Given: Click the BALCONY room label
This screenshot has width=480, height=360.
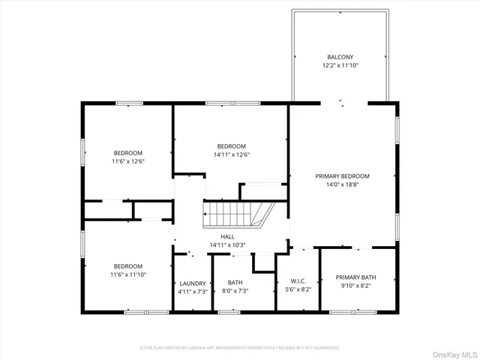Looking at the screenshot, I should coord(340,57).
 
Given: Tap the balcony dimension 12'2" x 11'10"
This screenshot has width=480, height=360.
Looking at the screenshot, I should coord(340,65).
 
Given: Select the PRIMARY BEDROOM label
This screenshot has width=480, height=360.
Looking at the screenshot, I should coord(342,176).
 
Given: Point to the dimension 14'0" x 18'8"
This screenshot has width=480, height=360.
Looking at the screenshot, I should coord(342,184).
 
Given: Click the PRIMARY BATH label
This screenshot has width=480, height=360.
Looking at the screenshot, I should coord(355,277).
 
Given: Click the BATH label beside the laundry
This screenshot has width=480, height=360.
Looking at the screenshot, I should coord(235,283).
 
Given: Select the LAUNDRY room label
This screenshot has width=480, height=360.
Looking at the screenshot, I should coord(193,283).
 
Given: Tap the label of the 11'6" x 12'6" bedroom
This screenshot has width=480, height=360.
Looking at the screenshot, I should coord(127,153).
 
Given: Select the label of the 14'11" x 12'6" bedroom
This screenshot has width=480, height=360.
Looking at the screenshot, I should coord(232,146).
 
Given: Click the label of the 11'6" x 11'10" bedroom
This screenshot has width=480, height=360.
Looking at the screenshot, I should coord(127,266).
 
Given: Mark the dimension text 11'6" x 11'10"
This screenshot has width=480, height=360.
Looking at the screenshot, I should coord(127,274).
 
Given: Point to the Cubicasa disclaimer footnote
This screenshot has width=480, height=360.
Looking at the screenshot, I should coord(240,348).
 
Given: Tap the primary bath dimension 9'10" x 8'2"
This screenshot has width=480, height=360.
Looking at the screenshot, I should coord(355,286).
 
